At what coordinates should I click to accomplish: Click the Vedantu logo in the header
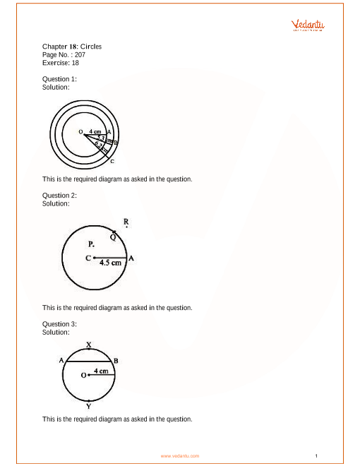[308, 25]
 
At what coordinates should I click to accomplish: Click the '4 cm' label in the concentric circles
[95, 131]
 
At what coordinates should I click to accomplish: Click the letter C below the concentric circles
[112, 162]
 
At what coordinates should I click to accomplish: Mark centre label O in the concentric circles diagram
[80, 132]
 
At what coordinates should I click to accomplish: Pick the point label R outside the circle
[126, 222]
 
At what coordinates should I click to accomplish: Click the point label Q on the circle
[112, 237]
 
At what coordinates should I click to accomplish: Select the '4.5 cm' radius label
[110, 263]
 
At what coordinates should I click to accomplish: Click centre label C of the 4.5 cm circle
[88, 258]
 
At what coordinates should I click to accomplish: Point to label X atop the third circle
[88, 345]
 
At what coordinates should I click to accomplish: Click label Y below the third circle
[88, 407]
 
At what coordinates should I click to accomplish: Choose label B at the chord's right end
[116, 361]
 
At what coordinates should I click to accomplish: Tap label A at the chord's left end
[61, 360]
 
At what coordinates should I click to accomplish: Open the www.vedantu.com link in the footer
[180, 456]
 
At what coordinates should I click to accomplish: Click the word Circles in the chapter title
[90, 47]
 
